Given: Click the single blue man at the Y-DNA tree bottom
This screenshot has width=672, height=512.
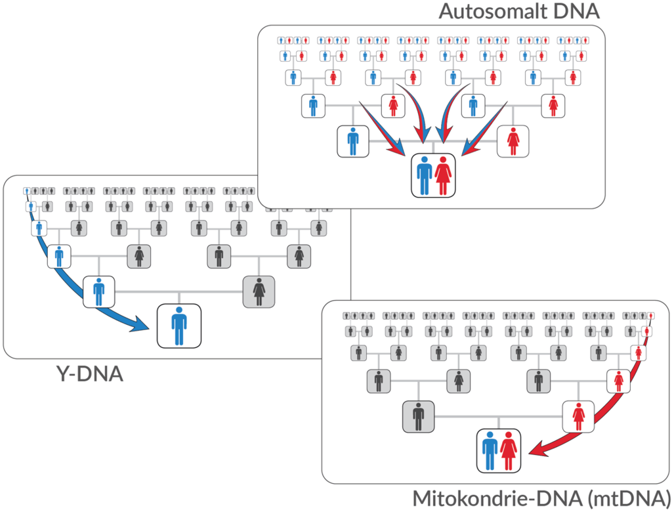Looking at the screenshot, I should pos(178,326).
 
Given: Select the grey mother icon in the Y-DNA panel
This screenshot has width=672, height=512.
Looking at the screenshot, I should pos(259,291).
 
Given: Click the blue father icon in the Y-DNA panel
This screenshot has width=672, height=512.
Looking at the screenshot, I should pos(99,291).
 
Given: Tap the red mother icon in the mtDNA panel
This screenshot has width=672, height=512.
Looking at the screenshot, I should pos(579,416).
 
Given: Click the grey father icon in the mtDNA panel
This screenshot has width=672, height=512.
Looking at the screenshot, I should pos(419,416).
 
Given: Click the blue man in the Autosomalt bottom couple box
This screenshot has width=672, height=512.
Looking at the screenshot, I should pos(424,175).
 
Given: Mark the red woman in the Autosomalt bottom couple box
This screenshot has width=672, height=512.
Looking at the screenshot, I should pos(443,175).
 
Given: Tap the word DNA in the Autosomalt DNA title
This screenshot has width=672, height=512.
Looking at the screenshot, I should pos(576,11).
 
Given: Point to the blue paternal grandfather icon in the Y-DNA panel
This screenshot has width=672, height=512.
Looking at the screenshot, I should pos(59,256).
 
